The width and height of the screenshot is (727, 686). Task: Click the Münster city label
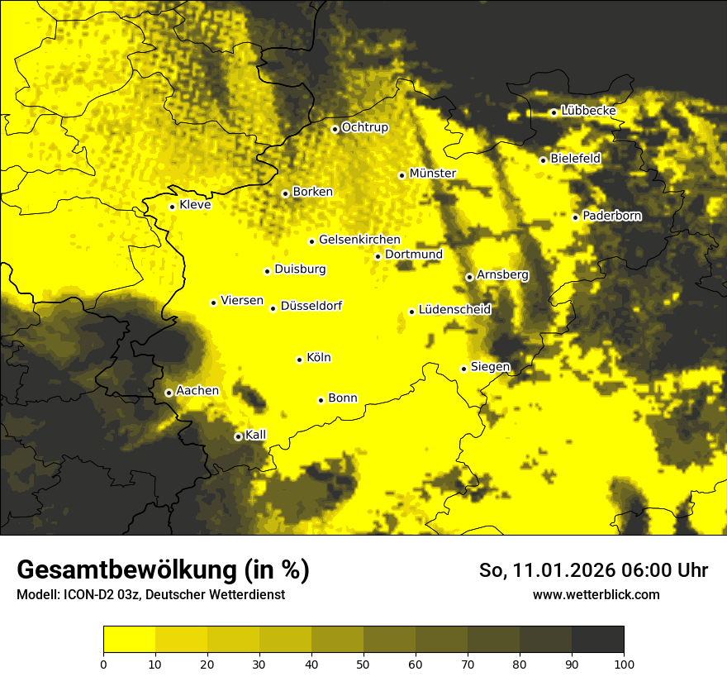[x=432, y=174]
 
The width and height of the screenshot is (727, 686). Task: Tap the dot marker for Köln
[x=300, y=360]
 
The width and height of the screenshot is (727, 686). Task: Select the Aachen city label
[x=197, y=391]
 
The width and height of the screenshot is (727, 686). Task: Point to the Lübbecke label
[x=588, y=111]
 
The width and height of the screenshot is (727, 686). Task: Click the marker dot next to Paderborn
[x=576, y=217]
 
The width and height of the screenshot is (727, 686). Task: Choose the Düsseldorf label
[x=311, y=307]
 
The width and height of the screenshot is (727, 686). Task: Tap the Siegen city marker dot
[x=464, y=369]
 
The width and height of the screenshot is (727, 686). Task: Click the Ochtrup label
[x=364, y=128]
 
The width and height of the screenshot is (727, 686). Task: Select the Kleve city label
[x=195, y=205]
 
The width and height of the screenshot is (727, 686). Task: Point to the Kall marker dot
[x=239, y=436]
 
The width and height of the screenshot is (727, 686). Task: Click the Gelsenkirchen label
[x=359, y=240]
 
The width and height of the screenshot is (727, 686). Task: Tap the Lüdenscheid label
[x=454, y=310]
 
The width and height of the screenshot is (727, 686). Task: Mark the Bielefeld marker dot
[x=544, y=160]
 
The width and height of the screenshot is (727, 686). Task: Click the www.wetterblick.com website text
[x=596, y=594]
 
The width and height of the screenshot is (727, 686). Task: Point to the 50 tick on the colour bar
[x=363, y=663]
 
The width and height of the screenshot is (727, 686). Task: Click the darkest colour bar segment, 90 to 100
[x=597, y=640]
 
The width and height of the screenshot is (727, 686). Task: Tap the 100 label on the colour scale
[x=624, y=663]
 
